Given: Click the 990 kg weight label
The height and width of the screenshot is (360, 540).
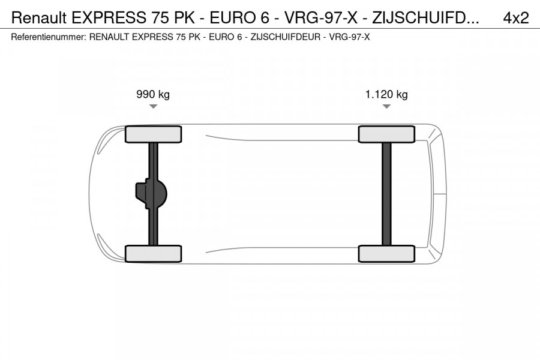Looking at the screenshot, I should pyautogui.click(x=153, y=94).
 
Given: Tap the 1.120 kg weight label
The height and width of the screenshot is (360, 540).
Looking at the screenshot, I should pyautogui.click(x=386, y=94).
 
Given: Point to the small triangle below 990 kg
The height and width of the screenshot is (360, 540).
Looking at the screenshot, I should pyautogui.click(x=153, y=107).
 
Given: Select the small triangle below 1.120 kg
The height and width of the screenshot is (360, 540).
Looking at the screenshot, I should pyautogui.click(x=386, y=107).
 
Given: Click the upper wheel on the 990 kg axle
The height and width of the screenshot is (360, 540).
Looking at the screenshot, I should pyautogui.click(x=153, y=134).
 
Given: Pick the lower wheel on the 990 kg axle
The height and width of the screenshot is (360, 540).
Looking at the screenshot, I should pyautogui.click(x=153, y=253).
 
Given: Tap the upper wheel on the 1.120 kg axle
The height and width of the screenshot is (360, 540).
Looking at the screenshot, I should pyautogui.click(x=386, y=134).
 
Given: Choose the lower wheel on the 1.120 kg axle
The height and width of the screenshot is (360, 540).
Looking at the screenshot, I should pyautogui.click(x=386, y=253).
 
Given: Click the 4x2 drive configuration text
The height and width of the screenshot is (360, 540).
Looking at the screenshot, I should pyautogui.click(x=515, y=18).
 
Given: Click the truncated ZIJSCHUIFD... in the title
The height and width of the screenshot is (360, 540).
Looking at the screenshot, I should pyautogui.click(x=425, y=18).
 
